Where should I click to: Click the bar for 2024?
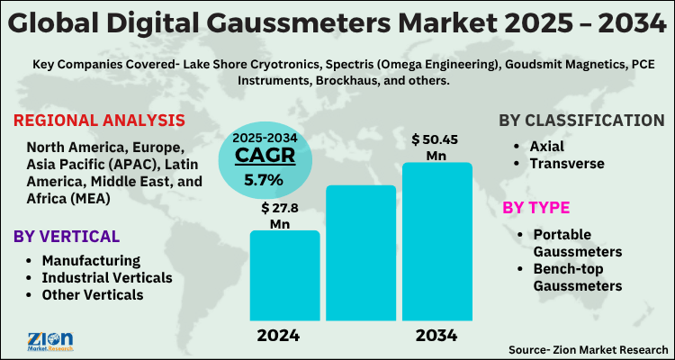pyautogui.click(x=284, y=275)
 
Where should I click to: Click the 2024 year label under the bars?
pyautogui.click(x=278, y=336)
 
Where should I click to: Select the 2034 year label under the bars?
pyautogui.click(x=436, y=336)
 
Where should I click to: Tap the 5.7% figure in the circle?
pyautogui.click(x=264, y=180)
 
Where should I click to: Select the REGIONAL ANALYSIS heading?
pyautogui.click(x=100, y=121)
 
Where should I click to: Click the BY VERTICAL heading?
pyautogui.click(x=67, y=236)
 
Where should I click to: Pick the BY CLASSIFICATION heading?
pyautogui.click(x=581, y=121)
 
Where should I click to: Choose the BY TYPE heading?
pyautogui.click(x=536, y=208)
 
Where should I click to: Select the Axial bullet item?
pyautogui.click(x=546, y=146)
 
